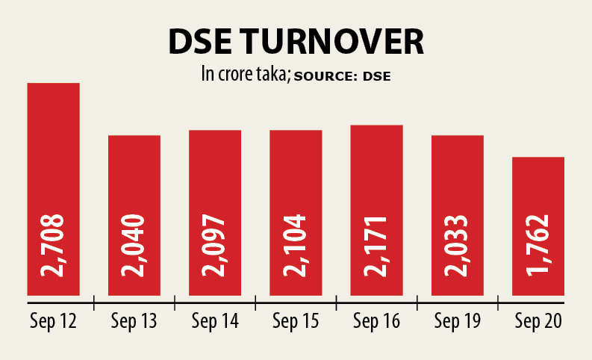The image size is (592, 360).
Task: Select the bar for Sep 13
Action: pyautogui.click(x=134, y=179)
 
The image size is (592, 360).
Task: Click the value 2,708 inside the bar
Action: pyautogui.click(x=54, y=245)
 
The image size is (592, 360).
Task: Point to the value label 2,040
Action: pyautogui.click(x=134, y=245)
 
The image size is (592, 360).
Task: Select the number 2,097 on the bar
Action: pyautogui.click(x=215, y=245)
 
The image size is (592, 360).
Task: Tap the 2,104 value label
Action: pyautogui.click(x=296, y=245)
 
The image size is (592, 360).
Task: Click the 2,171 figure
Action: pyautogui.click(x=376, y=245)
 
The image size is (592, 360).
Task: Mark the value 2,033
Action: pyautogui.click(x=458, y=245)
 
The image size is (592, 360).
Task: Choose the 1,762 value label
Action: pyautogui.click(x=538, y=245)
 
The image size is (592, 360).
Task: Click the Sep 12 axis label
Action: pyautogui.click(x=54, y=321)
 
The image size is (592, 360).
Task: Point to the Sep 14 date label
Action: pyautogui.click(x=215, y=321)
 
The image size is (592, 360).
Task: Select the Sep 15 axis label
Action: pyautogui.click(x=296, y=321)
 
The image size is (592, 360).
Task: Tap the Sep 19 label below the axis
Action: pyautogui.click(x=458, y=321)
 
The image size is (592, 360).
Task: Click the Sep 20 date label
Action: pyautogui.click(x=538, y=321)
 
